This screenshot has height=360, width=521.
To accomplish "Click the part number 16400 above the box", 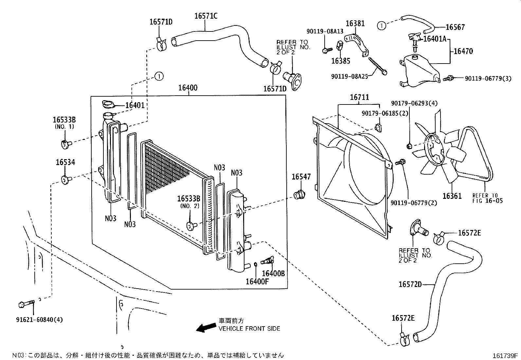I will (188, 88).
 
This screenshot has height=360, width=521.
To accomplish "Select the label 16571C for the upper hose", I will (206, 15).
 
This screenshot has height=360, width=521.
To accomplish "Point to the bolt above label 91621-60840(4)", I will (26, 304).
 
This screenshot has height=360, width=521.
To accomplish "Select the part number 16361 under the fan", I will (452, 196).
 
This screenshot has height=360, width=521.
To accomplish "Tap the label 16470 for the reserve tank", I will (463, 51).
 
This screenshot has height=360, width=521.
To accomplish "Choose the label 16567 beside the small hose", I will (455, 27).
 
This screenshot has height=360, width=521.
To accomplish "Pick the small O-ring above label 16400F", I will (255, 264).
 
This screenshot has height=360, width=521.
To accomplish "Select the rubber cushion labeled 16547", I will (299, 195).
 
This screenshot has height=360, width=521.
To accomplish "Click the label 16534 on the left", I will (65, 162).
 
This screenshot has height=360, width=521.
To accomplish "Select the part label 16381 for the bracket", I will (355, 23).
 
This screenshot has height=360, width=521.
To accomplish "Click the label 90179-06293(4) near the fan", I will (414, 103).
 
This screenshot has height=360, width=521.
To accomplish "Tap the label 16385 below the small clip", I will (340, 61).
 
